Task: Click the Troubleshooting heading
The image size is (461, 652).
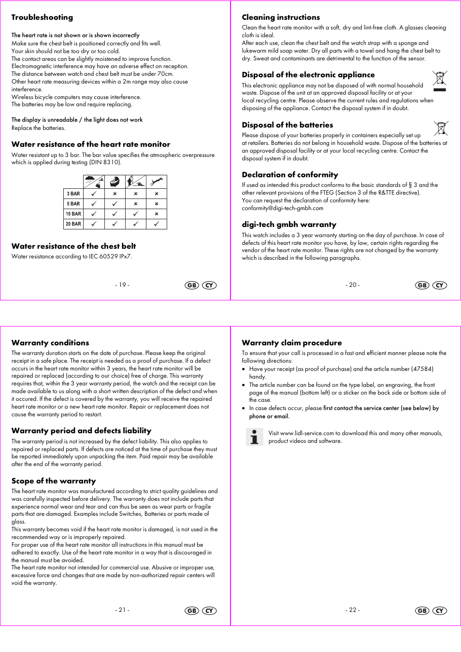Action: tap(42, 17)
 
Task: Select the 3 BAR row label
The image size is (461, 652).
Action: tap(73, 194)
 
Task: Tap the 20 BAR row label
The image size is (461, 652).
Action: tap(73, 224)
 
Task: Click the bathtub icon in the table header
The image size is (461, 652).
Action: tap(115, 182)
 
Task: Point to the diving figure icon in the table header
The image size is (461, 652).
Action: tap(156, 182)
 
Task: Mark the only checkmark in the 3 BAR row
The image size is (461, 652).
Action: tap(94, 194)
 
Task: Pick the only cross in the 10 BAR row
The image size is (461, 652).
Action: tap(156, 214)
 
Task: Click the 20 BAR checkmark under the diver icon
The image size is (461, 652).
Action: tap(156, 224)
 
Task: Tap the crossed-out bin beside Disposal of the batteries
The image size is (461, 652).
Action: tap(441, 128)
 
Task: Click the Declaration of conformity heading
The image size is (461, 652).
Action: tap(290, 175)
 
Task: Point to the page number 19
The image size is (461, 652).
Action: tap(122, 285)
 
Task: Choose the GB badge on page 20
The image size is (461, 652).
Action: tap(422, 285)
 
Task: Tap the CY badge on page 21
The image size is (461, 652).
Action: tap(209, 611)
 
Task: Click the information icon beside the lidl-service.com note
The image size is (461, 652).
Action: tap(254, 437)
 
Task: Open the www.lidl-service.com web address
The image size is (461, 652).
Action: tap(307, 433)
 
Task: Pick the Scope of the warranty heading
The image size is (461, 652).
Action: tap(54, 481)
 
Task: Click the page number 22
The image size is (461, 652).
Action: tap(353, 610)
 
